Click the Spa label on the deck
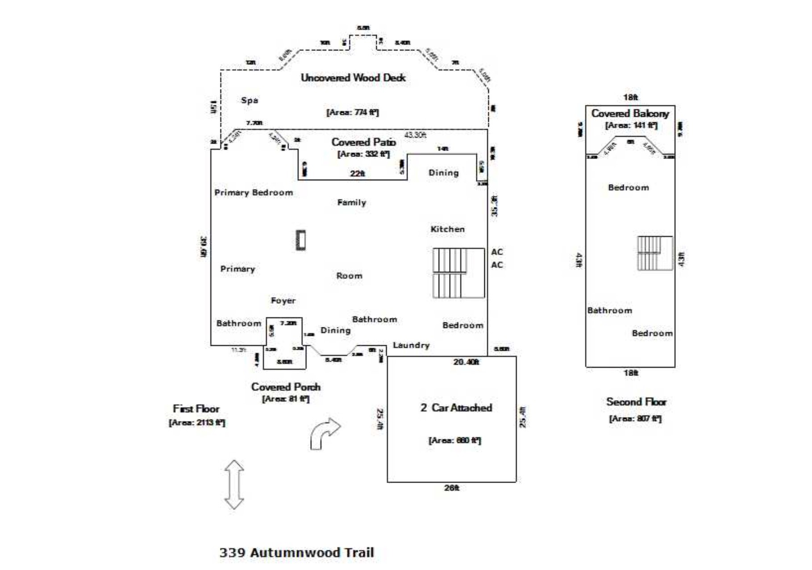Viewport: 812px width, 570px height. tap(249, 100)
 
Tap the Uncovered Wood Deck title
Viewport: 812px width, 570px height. tap(353, 78)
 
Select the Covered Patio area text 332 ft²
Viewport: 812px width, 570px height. tap(363, 154)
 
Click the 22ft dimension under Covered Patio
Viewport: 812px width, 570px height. tap(357, 173)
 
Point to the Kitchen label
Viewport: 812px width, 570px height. tap(447, 229)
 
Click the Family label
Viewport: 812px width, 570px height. tap(351, 202)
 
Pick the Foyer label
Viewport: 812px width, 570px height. tap(283, 301)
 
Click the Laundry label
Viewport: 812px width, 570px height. tap(411, 345)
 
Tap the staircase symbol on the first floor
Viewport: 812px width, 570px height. tap(458, 273)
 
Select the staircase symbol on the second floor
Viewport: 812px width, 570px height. tap(654, 253)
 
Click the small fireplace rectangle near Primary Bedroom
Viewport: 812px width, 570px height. tap(301, 240)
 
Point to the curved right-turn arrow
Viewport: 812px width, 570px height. tap(325, 433)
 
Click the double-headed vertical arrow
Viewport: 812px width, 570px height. tap(234, 484)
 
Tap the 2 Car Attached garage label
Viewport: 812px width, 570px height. tap(456, 408)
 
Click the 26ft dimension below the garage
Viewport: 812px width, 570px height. tap(451, 488)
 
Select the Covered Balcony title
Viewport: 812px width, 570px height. tap(630, 113)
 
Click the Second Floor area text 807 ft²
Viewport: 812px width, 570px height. tap(635, 418)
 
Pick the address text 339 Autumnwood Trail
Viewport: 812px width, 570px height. tap(296, 553)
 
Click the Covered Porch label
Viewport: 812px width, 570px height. tap(286, 387)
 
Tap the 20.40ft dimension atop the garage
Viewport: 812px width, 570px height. tap(466, 362)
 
